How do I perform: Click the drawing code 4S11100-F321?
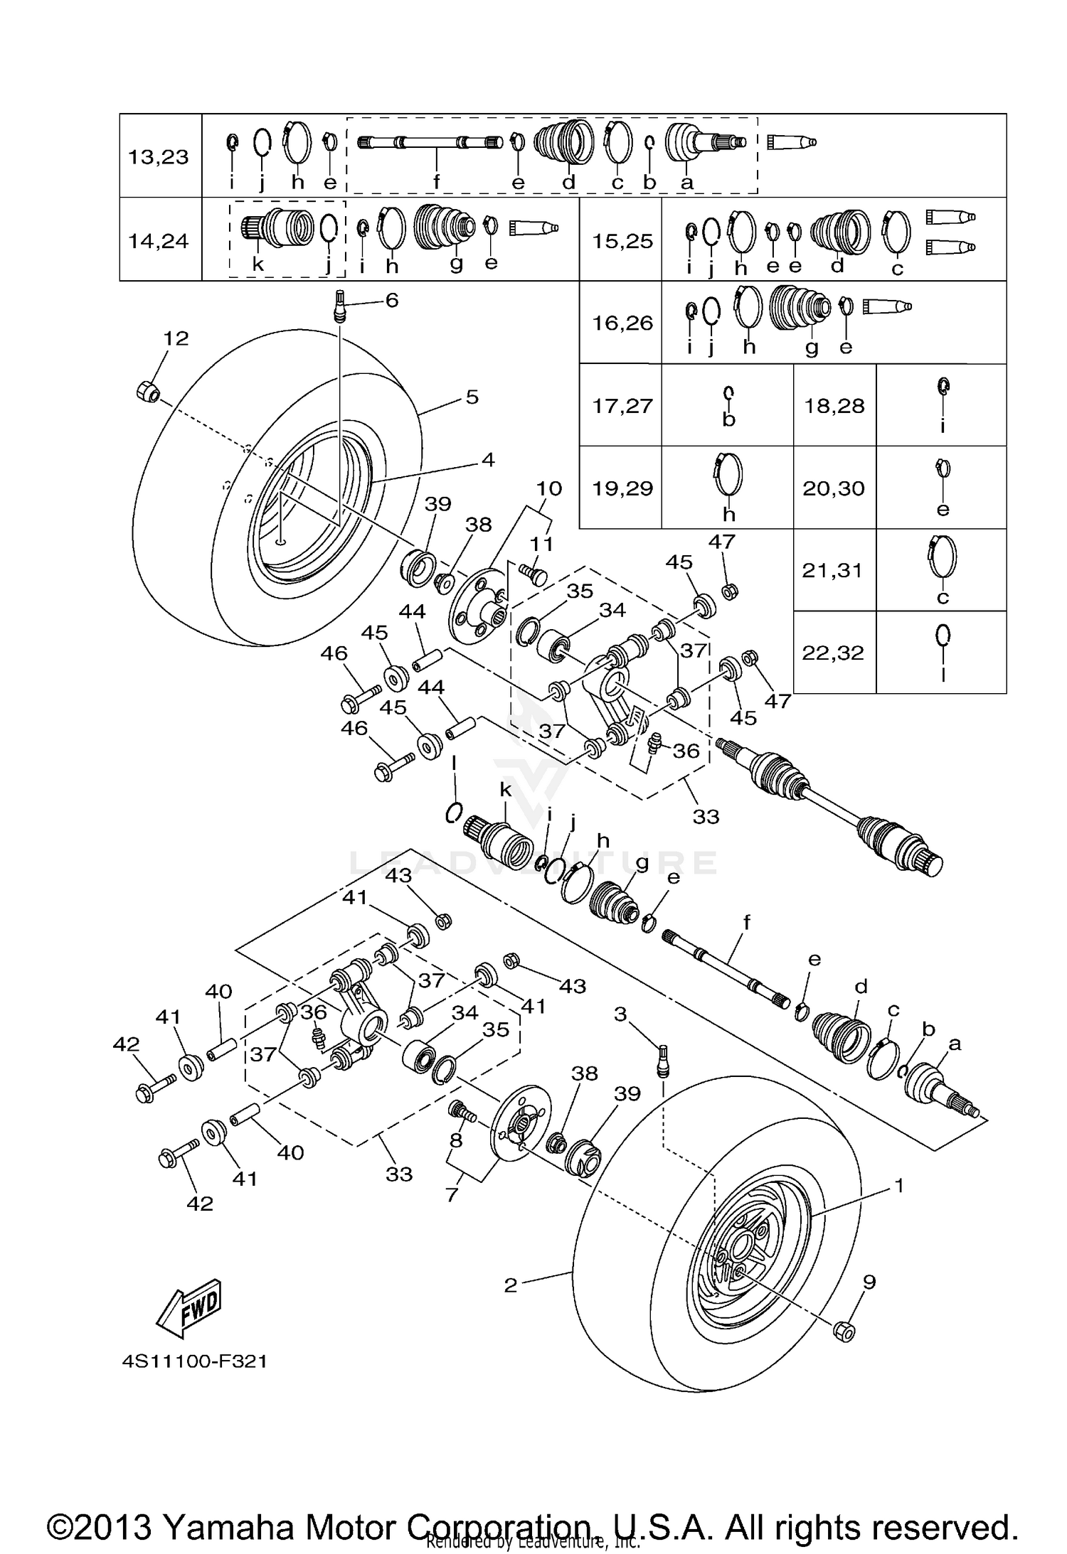[x=194, y=1361]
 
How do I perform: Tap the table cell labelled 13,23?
[x=159, y=156]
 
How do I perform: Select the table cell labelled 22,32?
[x=833, y=653]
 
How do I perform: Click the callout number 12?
[x=176, y=338]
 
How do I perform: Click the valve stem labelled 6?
[x=340, y=306]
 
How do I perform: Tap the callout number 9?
[x=869, y=1282]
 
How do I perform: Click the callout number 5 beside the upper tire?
[x=472, y=397]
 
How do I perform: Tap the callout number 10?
[x=548, y=488]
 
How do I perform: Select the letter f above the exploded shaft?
[x=747, y=923]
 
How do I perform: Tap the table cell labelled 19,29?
[x=622, y=488]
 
